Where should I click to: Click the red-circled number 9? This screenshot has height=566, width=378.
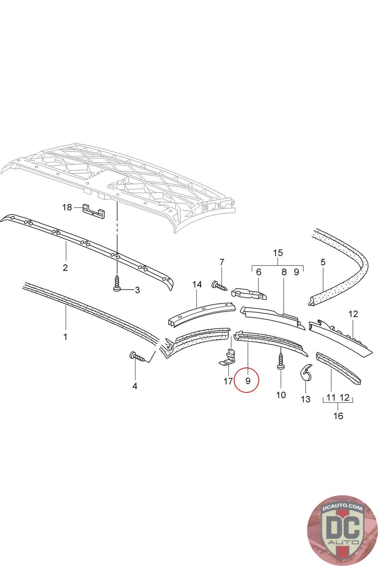click(248, 381)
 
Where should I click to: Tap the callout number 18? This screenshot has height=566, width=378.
click(67, 207)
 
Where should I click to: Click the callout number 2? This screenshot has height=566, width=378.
click(65, 267)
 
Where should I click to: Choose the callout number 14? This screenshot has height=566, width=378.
click(197, 284)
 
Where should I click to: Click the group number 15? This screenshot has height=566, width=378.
click(278, 253)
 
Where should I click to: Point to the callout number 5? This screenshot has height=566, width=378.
click(323, 262)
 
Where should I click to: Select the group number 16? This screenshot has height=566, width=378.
click(338, 416)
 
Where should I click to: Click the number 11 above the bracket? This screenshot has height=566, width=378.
click(331, 398)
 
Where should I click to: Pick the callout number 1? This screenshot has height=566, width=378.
click(65, 337)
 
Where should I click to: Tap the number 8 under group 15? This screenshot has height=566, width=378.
click(284, 272)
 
